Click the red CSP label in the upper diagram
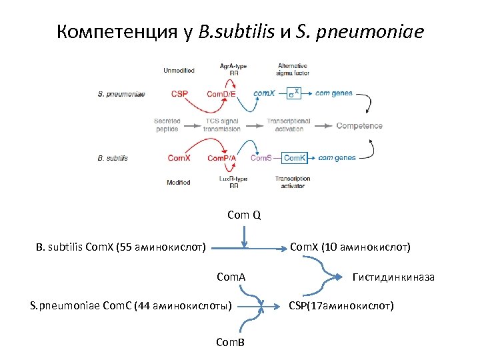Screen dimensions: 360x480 (x=179, y=94)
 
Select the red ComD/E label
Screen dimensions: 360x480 (x=221, y=94)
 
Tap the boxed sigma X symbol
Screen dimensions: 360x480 (x=294, y=93)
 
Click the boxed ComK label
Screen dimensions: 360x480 (x=294, y=158)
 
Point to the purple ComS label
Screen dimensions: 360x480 (x=261, y=158)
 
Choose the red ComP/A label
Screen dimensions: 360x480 (x=221, y=158)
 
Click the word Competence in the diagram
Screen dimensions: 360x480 (x=359, y=125)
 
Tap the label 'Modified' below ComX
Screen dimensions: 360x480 (x=179, y=182)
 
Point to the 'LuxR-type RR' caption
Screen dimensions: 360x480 (x=234, y=182)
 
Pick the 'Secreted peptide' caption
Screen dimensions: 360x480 (x=167, y=125)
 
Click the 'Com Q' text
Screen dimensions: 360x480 (x=244, y=215)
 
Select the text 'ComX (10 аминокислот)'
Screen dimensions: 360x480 (x=350, y=247)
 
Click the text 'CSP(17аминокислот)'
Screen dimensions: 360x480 (x=341, y=306)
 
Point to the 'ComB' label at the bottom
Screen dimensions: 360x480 (x=231, y=342)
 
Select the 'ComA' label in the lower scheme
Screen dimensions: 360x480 (x=231, y=276)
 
